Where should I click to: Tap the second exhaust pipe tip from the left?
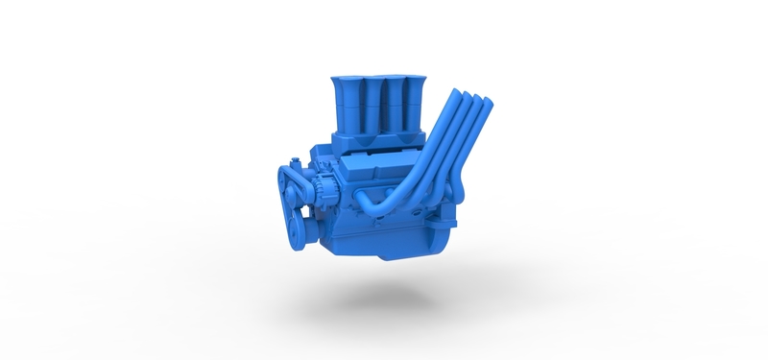[464, 94]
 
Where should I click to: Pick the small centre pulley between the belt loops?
[304, 197]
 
